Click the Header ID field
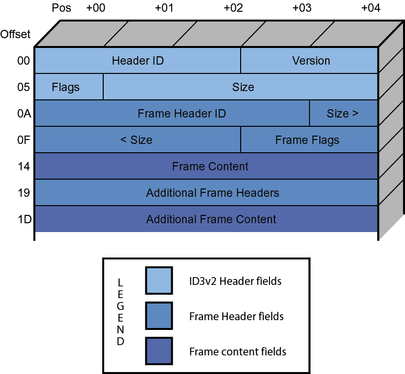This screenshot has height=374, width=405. click(137, 61)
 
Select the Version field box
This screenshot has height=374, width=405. click(311, 61)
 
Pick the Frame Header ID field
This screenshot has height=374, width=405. click(181, 114)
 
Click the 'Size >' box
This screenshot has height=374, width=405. click(343, 114)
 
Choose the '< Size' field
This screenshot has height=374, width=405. click(137, 140)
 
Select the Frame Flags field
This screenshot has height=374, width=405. click(308, 140)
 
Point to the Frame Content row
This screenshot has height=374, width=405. click(210, 166)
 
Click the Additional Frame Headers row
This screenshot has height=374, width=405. click(212, 193)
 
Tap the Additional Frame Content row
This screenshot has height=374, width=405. click(211, 219)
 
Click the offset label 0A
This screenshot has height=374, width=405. click(23, 114)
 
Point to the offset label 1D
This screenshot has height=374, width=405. click(24, 219)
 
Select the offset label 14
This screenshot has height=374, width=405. click(23, 166)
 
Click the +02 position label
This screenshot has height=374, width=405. click(233, 8)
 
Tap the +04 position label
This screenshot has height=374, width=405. click(371, 8)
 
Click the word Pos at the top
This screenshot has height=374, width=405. click(61, 8)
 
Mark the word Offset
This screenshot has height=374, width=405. click(15, 34)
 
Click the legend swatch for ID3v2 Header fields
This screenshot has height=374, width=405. click(158, 280)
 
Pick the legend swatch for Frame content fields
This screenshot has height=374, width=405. click(158, 351)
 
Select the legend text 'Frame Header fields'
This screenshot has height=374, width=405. click(236, 316)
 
